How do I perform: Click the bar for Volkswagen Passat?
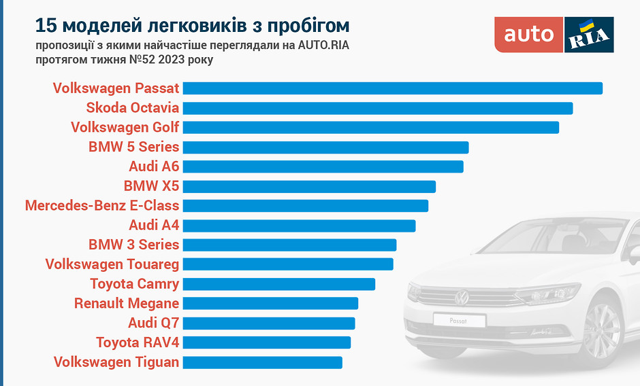pyautogui.click(x=392, y=88)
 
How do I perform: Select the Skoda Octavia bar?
pyautogui.click(x=377, y=108)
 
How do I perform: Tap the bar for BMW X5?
pyautogui.click(x=309, y=186)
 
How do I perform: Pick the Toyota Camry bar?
pyautogui.click(x=279, y=284)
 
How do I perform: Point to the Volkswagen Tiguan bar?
pyautogui.click(x=262, y=362)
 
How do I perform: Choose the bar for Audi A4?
pyautogui.click(x=299, y=226)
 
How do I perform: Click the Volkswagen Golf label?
pyautogui.click(x=125, y=127)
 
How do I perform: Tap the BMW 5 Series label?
pyautogui.click(x=133, y=147)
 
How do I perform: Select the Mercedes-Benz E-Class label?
pyautogui.click(x=102, y=205)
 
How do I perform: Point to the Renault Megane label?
pyautogui.click(x=127, y=303)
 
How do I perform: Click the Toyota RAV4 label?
pyautogui.click(x=138, y=342)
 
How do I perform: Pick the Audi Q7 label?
pyautogui.click(x=153, y=322)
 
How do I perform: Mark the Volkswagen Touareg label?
pyautogui.click(x=112, y=264)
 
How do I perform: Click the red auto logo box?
pyautogui.click(x=529, y=34)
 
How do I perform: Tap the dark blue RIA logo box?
pyautogui.click(x=589, y=35)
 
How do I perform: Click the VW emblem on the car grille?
pyautogui.click(x=462, y=297)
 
